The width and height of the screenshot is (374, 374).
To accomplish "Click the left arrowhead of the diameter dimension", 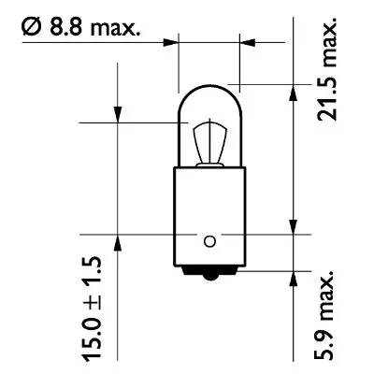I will point(170,42).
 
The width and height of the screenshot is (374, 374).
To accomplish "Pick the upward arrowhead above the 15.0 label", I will point(118,242).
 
